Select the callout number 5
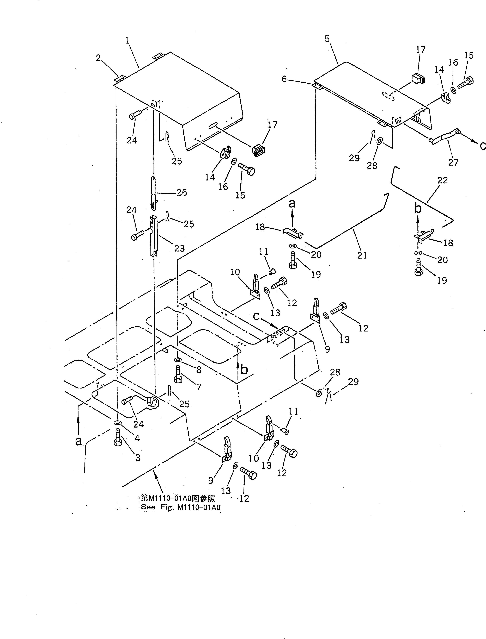(x=327, y=39)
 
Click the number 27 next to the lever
(x=453, y=162)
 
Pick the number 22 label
(x=442, y=180)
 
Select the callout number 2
(x=99, y=58)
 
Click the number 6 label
(x=284, y=79)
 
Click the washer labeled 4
(x=117, y=423)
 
